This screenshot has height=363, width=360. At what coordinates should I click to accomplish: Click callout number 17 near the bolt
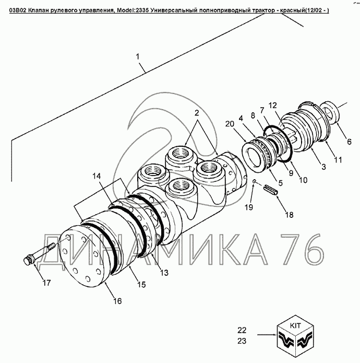46,283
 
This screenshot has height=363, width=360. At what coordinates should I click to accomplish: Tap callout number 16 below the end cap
117,301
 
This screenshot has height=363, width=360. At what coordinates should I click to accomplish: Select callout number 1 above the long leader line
138,56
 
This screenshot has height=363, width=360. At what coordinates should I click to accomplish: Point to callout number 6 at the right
349,142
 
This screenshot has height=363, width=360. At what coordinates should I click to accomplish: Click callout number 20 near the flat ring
230,124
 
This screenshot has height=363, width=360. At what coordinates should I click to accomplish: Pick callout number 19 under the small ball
249,207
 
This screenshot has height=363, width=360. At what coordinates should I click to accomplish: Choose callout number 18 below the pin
289,215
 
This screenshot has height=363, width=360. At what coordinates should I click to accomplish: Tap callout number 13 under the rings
164,273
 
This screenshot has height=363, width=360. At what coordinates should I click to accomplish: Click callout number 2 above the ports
197,113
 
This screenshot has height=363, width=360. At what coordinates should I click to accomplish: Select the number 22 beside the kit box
242,330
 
